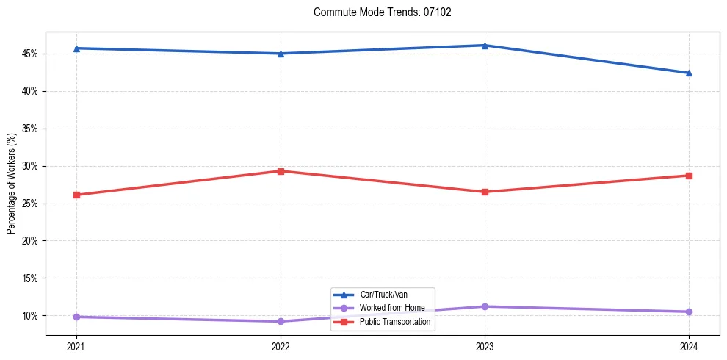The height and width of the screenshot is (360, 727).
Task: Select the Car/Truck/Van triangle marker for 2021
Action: [x=76, y=48]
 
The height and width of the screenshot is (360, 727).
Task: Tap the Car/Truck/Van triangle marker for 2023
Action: [x=485, y=46]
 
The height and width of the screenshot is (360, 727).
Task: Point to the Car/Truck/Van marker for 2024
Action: [x=689, y=73]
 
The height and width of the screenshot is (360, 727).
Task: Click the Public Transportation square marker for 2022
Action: [x=281, y=171]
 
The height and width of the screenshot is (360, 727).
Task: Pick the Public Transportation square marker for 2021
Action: [x=76, y=195]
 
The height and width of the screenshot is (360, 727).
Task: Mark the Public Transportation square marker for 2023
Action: [x=485, y=192]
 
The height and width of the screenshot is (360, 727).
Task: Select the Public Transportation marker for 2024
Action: [x=689, y=176]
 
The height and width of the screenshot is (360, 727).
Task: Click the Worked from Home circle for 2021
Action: [x=76, y=317]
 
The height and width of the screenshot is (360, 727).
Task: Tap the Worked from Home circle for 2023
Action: [x=485, y=306]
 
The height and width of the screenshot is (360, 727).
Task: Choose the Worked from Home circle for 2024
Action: [x=689, y=312]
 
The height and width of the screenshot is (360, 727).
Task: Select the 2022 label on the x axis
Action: [x=281, y=345]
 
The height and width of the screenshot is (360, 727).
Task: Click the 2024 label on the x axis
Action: [x=689, y=345]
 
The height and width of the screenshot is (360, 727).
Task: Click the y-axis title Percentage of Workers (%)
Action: [x=11, y=184]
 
